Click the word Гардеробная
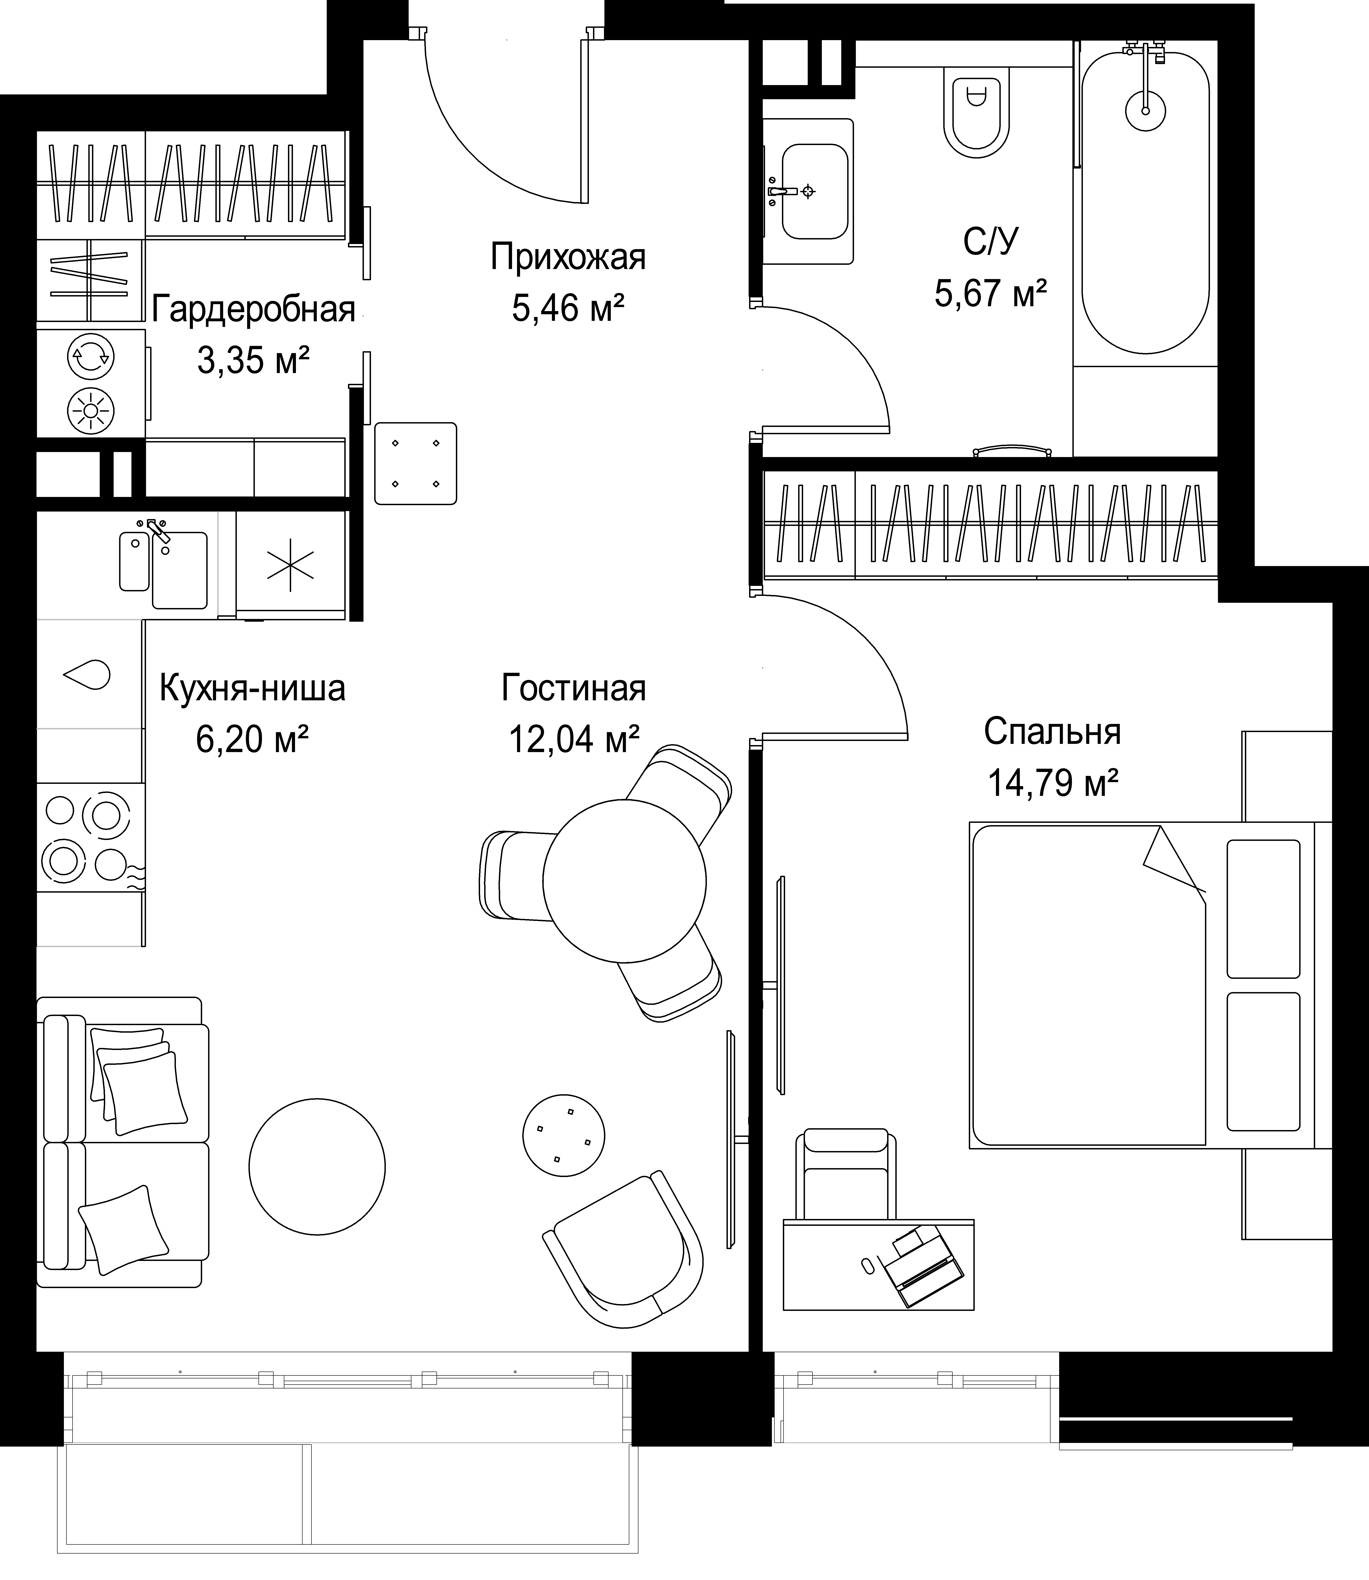tap(254, 310)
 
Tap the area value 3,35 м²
tap(253, 360)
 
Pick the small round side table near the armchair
tap(564, 1135)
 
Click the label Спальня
tap(1052, 732)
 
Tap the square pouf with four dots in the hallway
tap(415, 464)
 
